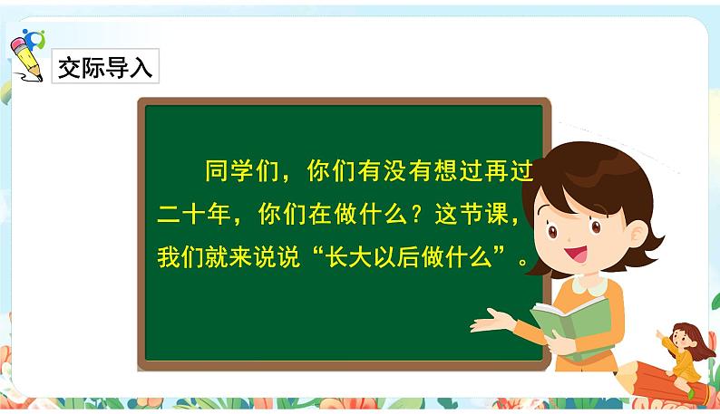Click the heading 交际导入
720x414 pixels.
(105, 67)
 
